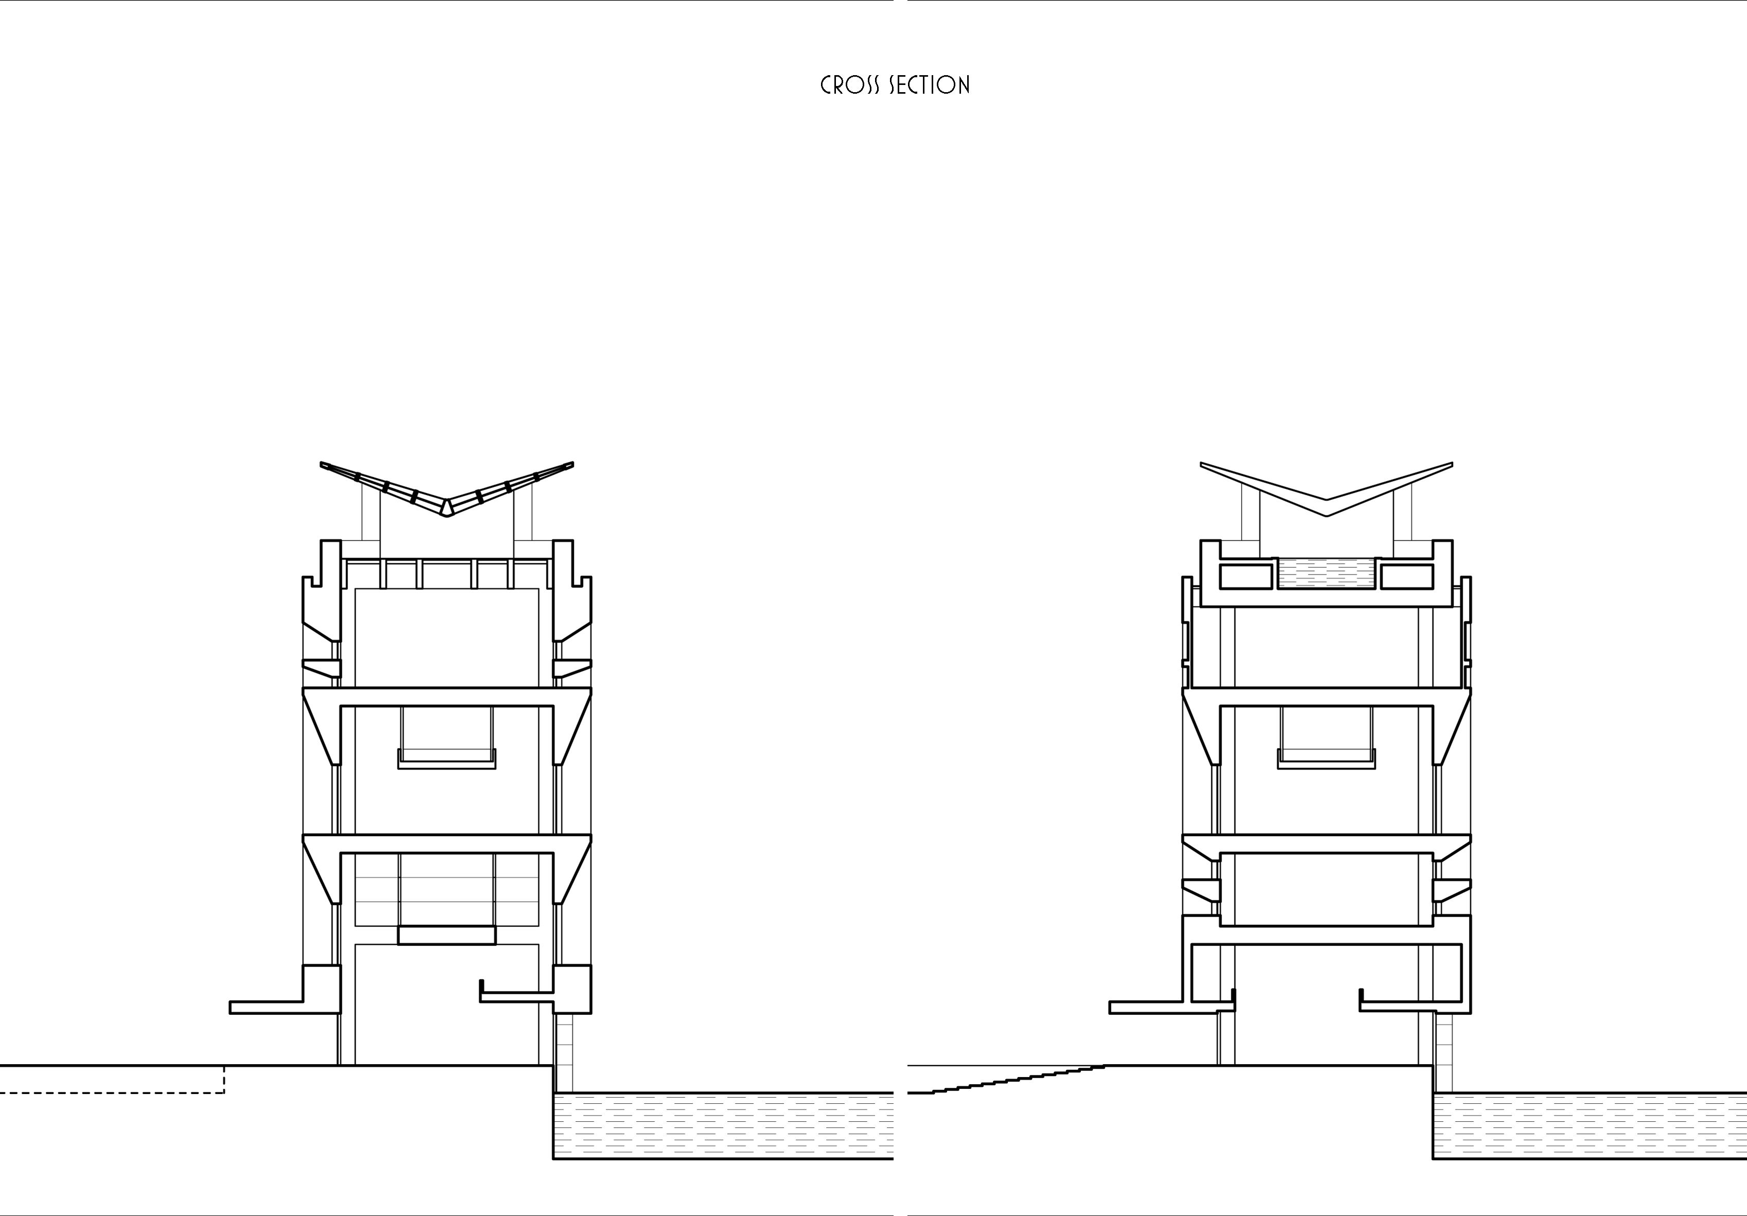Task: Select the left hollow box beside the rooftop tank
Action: tap(1246, 576)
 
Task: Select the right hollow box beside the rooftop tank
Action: tap(1407, 576)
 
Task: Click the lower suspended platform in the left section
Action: tap(447, 935)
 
